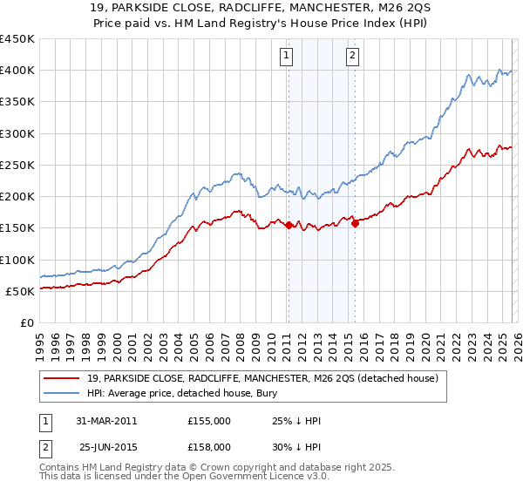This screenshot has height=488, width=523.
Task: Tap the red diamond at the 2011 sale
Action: click(289, 225)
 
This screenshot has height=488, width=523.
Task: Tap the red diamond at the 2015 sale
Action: click(355, 223)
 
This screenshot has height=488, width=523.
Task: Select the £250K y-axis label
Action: click(17, 166)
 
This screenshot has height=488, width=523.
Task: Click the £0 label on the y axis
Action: click(26, 323)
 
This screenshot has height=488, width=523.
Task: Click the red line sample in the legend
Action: click(63, 378)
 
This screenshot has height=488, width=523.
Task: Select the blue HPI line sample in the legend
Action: click(63, 393)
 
